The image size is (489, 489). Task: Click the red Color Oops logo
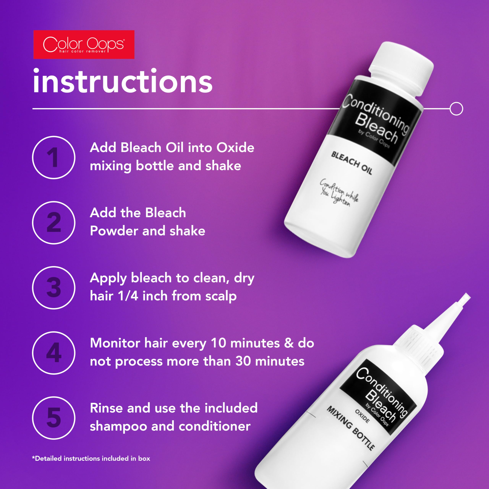point(84,45)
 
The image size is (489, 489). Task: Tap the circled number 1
point(54,157)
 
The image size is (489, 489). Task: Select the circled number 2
point(54,223)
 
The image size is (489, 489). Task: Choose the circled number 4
point(54,353)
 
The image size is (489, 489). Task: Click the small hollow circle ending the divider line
point(456,109)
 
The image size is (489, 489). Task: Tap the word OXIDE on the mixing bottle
point(362,416)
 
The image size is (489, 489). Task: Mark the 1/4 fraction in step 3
point(128,296)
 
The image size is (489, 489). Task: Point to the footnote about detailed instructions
point(91,458)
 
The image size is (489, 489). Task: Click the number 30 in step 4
point(244,361)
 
